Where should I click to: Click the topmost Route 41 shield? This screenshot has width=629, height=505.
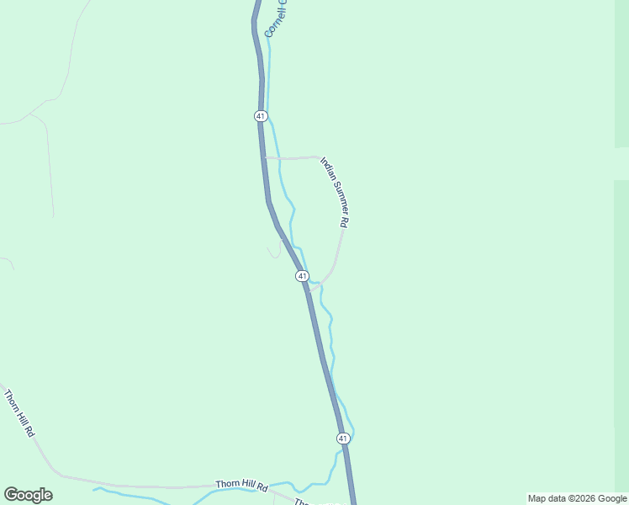coord(261,115)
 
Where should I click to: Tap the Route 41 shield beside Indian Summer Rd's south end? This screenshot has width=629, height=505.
coord(302,276)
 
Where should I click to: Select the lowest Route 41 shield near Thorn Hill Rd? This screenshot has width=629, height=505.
coord(343,439)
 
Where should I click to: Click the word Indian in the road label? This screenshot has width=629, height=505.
coord(327,172)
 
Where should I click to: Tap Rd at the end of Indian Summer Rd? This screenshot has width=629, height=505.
coord(344,222)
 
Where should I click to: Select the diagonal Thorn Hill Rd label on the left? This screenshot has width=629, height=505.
coord(18,412)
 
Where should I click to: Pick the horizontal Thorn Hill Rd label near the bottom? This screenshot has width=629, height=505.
coord(240,486)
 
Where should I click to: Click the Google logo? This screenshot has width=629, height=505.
coord(28,495)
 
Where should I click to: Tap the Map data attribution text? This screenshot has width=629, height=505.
coord(577,498)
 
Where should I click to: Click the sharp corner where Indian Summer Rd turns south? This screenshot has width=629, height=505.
coord(318,157)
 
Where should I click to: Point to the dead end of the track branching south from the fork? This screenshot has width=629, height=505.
coord(53,216)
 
